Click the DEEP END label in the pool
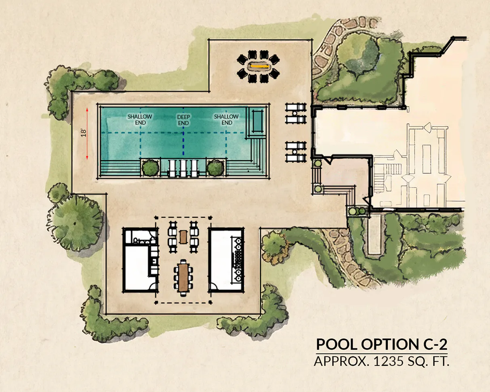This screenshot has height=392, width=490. pos(183,120)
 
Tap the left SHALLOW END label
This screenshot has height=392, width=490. pos(140,120)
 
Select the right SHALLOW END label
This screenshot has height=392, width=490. pos(226,120)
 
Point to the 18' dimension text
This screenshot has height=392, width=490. pos(84,133)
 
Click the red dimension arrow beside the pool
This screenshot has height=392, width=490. pos(87,133)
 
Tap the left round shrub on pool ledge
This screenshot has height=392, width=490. pos(150,168)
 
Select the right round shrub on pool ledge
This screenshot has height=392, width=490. pos(215,168)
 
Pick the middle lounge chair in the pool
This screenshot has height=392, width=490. pos(183,168)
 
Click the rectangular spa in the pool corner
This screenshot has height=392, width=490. pos(257,121)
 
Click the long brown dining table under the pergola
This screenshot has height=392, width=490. pos(183,278)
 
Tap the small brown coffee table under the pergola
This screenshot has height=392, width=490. pos(183,237)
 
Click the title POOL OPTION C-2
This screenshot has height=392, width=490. pos(382,344)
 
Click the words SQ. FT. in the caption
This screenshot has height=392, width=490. pos(429,361)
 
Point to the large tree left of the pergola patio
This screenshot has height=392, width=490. pos(77,223)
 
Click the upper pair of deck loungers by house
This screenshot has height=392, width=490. pos(296,113)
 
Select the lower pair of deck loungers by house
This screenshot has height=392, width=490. pos(296,152)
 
